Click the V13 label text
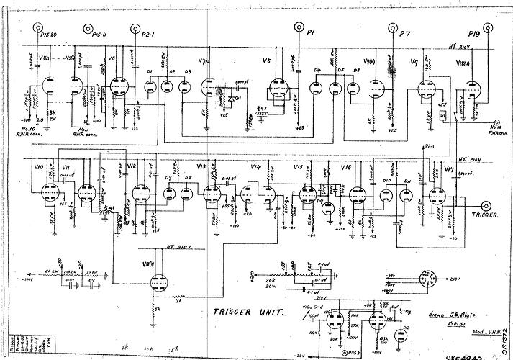[201, 166]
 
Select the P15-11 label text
[100, 33]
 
